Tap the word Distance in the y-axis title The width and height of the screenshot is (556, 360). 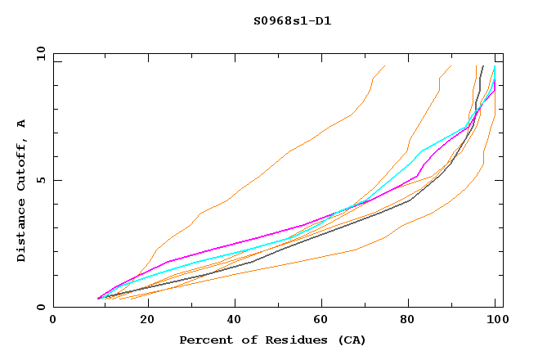coord(21,234)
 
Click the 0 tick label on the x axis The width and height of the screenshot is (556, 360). coord(53,321)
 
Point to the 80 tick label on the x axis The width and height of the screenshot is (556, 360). coord(408,321)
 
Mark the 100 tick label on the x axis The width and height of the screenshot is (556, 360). coord(495,321)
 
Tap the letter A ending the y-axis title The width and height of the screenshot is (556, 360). coord(21,124)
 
